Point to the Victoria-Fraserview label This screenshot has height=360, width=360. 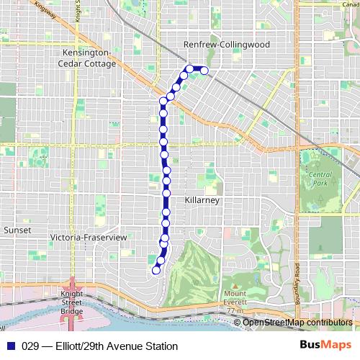89,237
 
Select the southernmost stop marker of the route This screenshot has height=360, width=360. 156,271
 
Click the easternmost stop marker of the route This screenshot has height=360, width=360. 204,71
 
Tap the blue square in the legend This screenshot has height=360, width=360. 10,346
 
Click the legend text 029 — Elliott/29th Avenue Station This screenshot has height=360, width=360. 100,346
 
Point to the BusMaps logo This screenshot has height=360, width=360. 326,346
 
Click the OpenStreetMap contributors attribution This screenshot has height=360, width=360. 297,323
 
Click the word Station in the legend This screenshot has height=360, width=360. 159,346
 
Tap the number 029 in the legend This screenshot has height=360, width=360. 32,346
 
